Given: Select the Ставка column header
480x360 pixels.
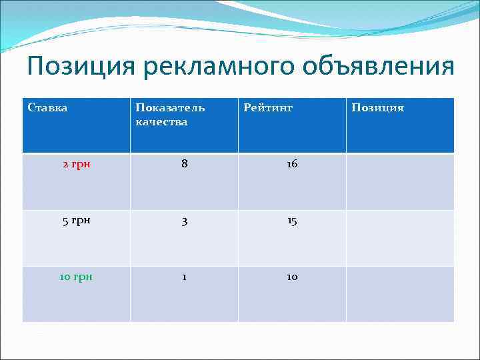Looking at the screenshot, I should [x=48, y=107].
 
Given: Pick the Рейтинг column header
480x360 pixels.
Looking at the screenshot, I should [x=268, y=107].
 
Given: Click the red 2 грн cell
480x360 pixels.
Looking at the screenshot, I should [x=77, y=164].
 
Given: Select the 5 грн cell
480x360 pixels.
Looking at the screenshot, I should [x=77, y=221].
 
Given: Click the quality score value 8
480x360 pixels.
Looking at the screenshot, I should [x=184, y=164].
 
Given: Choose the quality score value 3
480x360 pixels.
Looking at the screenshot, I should [x=184, y=221].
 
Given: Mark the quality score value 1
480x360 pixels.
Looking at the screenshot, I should [x=184, y=277].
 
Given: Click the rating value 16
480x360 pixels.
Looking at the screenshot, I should [x=292, y=164].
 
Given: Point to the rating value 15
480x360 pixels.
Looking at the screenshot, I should [x=292, y=221].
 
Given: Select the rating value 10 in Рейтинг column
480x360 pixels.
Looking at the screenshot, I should [x=292, y=277].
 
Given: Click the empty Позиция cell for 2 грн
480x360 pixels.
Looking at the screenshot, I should [x=400, y=181].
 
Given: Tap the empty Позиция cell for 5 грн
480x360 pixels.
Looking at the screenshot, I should [x=400, y=238].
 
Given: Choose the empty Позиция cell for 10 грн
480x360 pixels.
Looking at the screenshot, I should [x=400, y=294].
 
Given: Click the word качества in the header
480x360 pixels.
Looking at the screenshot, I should [x=161, y=121].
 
